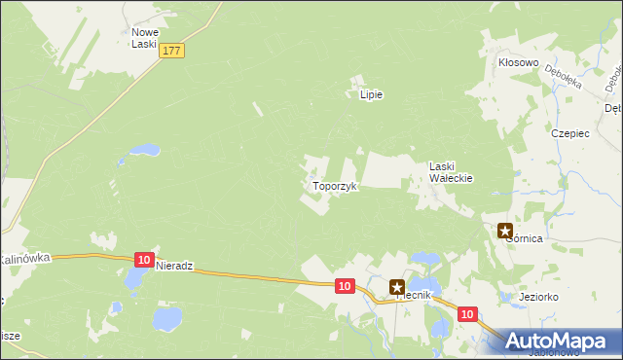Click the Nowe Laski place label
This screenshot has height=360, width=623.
point(145,38)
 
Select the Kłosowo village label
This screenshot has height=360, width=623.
point(519,62)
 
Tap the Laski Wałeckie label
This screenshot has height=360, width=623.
point(451,172)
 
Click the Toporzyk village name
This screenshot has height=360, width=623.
point(336,185)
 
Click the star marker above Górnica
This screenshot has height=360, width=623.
point(505,231)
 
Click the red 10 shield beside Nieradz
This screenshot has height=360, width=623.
point(144,260)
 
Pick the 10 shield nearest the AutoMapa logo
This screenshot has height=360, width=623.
point(467,314)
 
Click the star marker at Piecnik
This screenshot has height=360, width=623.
point(397,287)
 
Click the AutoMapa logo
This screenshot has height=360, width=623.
point(559,341)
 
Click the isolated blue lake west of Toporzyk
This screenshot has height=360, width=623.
point(143,151)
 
